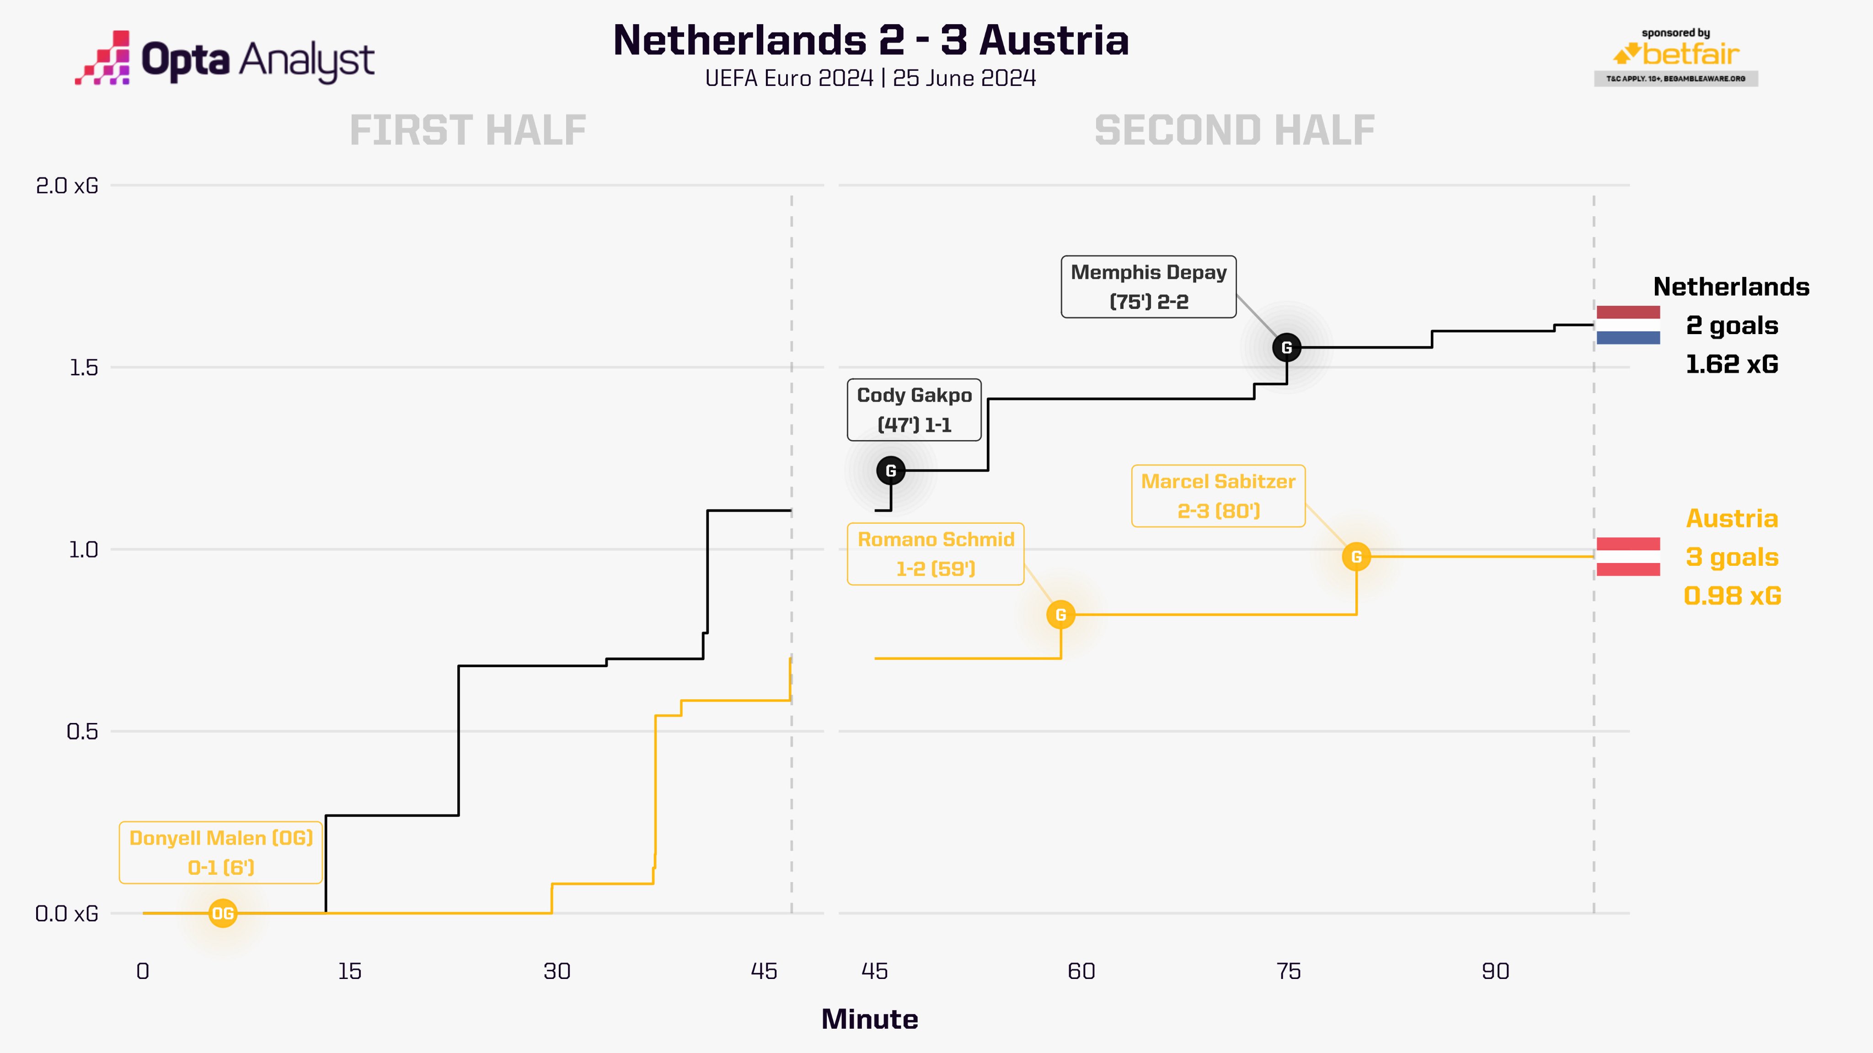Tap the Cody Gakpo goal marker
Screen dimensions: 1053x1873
pyautogui.click(x=891, y=470)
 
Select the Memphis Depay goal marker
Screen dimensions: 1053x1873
pyautogui.click(x=1286, y=347)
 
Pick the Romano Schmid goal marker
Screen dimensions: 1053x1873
pyautogui.click(x=1061, y=615)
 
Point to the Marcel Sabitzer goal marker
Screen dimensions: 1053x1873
pyautogui.click(x=1356, y=557)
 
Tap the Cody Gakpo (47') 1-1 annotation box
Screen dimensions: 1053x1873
pyautogui.click(x=914, y=410)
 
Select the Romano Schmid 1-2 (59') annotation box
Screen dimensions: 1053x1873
pyautogui.click(x=936, y=554)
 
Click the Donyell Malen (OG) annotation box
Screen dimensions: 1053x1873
pyautogui.click(x=221, y=852)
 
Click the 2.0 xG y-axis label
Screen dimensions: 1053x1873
pyautogui.click(x=67, y=186)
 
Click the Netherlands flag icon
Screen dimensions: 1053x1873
pyautogui.click(x=1628, y=325)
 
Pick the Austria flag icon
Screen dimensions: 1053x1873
pyautogui.click(x=1628, y=557)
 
